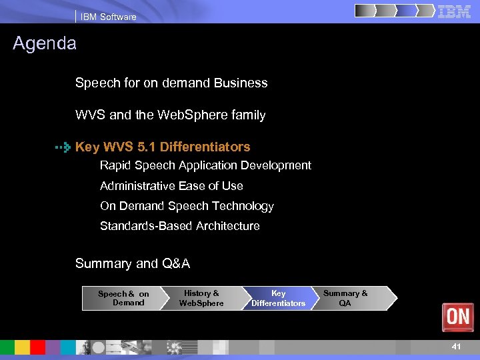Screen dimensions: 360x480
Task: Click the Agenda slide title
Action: (x=45, y=44)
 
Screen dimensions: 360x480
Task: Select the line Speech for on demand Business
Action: (x=171, y=83)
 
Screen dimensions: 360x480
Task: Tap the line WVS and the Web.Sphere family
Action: (x=170, y=115)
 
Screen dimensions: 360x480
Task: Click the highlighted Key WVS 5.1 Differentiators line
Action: (x=163, y=147)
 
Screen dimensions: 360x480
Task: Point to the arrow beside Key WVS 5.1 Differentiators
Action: (x=63, y=147)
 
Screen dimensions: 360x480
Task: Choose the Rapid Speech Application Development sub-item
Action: (x=205, y=165)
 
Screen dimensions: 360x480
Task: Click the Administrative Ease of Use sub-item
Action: (x=171, y=186)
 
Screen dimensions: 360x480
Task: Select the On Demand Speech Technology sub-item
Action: (x=187, y=206)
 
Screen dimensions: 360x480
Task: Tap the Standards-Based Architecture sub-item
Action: (x=180, y=226)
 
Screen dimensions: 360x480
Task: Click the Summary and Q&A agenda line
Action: (x=133, y=263)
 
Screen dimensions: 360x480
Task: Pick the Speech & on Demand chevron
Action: (x=123, y=298)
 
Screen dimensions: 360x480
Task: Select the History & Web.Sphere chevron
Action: (x=201, y=298)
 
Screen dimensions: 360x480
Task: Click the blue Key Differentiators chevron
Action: (x=278, y=298)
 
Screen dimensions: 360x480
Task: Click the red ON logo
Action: (x=458, y=317)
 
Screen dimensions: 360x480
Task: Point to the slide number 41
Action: (x=456, y=347)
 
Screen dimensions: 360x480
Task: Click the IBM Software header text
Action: (x=108, y=17)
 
